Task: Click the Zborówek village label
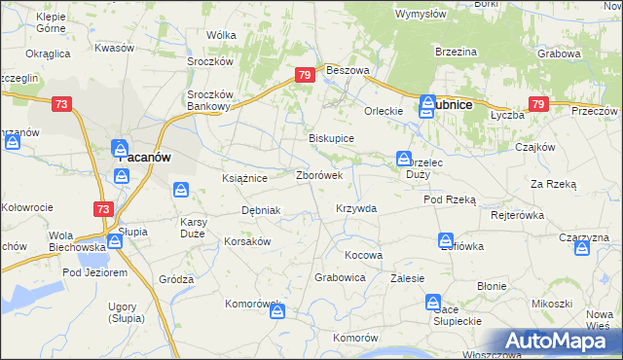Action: click(318, 176)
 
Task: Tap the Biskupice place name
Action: click(331, 139)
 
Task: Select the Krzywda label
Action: click(355, 208)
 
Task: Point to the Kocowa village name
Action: click(364, 255)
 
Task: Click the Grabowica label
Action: click(340, 277)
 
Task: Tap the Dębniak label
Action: click(261, 210)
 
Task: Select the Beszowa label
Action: click(348, 71)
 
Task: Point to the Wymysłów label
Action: click(421, 14)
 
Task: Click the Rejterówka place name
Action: click(516, 214)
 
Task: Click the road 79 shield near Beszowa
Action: click(306, 75)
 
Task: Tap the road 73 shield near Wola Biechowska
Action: click(102, 208)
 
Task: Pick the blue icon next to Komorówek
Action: click(278, 312)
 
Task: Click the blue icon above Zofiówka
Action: click(445, 239)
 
